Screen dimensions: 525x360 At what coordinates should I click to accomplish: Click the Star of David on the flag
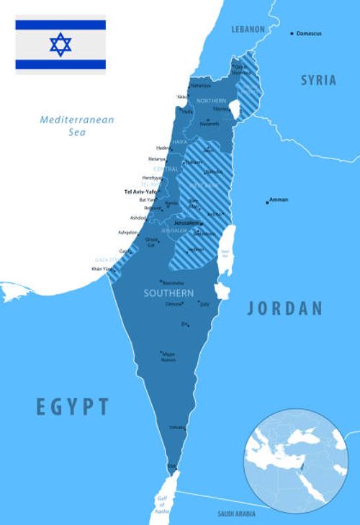(x=60, y=45)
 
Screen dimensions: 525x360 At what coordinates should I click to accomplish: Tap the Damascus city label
(x=309, y=34)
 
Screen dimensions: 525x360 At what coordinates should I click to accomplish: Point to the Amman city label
(x=278, y=199)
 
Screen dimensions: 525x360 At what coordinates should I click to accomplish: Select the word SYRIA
(x=318, y=80)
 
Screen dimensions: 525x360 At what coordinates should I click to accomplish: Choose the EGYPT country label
(x=73, y=406)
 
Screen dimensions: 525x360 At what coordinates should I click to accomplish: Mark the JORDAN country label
(x=285, y=309)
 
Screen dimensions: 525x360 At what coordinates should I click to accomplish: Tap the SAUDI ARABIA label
(x=236, y=513)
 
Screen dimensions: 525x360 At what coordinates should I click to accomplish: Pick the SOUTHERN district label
(x=168, y=294)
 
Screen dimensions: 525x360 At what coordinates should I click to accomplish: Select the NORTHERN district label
(x=211, y=100)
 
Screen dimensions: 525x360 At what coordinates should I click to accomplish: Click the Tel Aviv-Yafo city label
(x=140, y=192)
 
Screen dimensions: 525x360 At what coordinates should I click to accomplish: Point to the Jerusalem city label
(x=186, y=223)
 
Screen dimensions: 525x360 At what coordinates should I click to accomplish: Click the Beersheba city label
(x=173, y=282)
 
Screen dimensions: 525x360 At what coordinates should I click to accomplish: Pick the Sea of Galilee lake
(x=234, y=109)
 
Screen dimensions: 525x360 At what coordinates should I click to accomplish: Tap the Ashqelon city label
(x=127, y=233)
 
